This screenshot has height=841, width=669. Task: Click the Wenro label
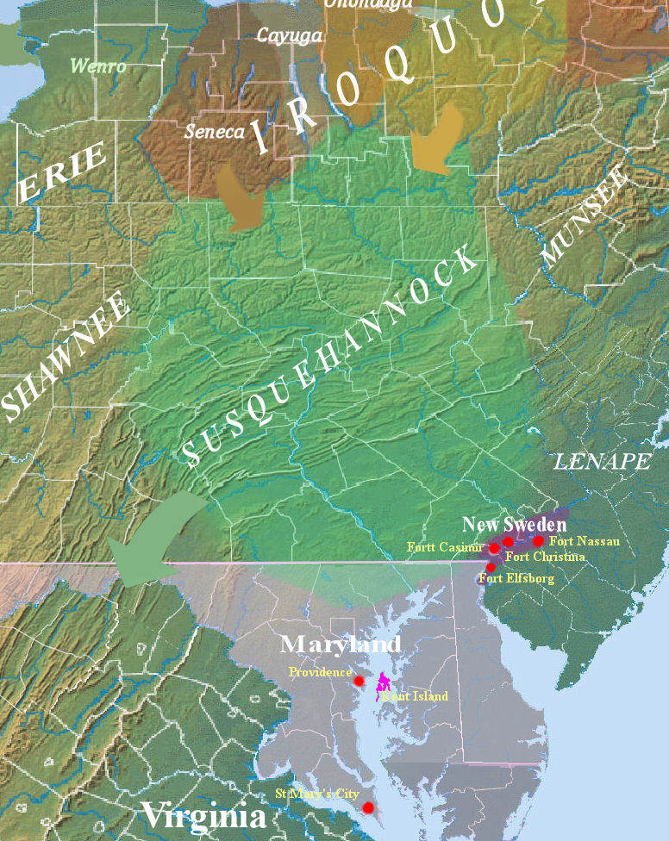click(x=97, y=65)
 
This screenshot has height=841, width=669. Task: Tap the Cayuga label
click(x=289, y=35)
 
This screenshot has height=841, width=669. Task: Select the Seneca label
click(x=214, y=132)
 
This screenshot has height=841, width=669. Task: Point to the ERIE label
click(x=64, y=173)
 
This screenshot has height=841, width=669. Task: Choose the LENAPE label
click(x=602, y=462)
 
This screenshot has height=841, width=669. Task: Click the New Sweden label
click(x=514, y=524)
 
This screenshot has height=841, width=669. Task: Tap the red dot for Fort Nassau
click(x=539, y=541)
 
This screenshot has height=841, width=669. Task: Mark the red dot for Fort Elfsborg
click(x=491, y=567)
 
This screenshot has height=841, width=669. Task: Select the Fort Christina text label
click(x=545, y=557)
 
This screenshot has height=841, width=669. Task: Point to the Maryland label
click(x=341, y=644)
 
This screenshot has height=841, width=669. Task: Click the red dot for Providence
click(x=359, y=681)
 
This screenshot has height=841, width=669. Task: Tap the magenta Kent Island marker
click(x=383, y=684)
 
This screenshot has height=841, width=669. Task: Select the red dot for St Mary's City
click(x=368, y=807)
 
